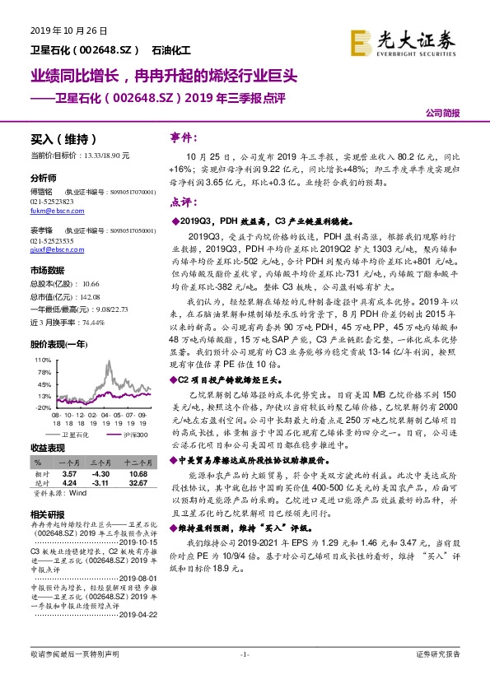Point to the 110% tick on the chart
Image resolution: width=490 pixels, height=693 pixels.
(x=41, y=360)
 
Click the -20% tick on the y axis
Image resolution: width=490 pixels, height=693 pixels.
(x=41, y=407)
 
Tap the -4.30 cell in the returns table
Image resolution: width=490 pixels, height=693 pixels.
(x=100, y=475)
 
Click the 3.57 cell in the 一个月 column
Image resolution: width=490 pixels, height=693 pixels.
(x=70, y=475)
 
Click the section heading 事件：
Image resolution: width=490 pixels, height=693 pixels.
(x=183, y=137)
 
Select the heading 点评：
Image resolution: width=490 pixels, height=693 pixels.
(x=183, y=201)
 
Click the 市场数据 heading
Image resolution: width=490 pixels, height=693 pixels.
(x=48, y=270)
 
